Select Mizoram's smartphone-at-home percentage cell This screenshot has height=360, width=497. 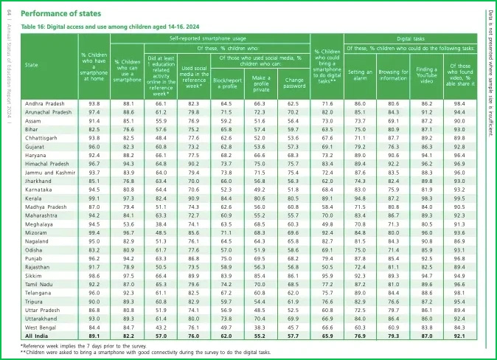point(94,232)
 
